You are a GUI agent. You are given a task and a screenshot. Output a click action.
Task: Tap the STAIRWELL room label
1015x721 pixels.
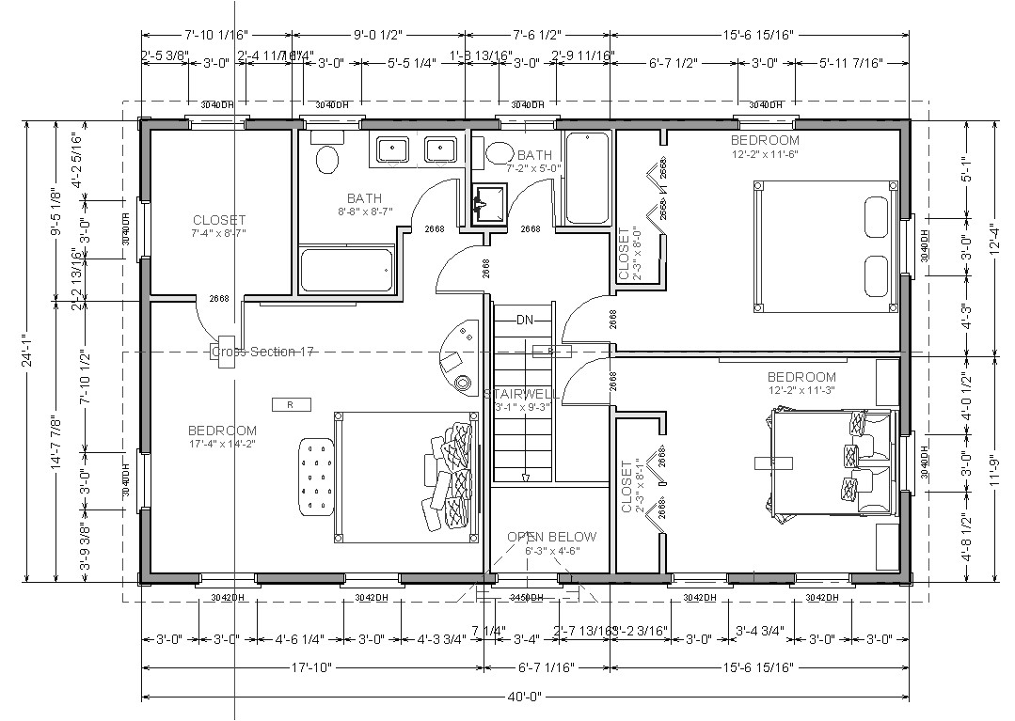pos(521,394)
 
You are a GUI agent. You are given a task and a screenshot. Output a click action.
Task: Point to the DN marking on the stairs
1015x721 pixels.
pos(525,320)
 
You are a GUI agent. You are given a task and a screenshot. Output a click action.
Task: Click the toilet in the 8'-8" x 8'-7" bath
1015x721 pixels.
pos(327,159)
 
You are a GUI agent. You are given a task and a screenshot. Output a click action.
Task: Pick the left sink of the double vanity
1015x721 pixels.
pos(391,149)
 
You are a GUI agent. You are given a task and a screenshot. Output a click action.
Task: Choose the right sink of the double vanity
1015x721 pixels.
pos(439,149)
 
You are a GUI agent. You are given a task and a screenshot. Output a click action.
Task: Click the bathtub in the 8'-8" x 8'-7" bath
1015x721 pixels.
pos(344,271)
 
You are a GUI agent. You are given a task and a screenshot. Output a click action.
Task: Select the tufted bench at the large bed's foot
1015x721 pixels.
pos(317,477)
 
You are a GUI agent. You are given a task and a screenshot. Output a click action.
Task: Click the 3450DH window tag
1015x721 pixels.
pos(527,598)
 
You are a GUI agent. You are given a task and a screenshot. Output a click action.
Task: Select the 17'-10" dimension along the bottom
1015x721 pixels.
pos(311,667)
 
